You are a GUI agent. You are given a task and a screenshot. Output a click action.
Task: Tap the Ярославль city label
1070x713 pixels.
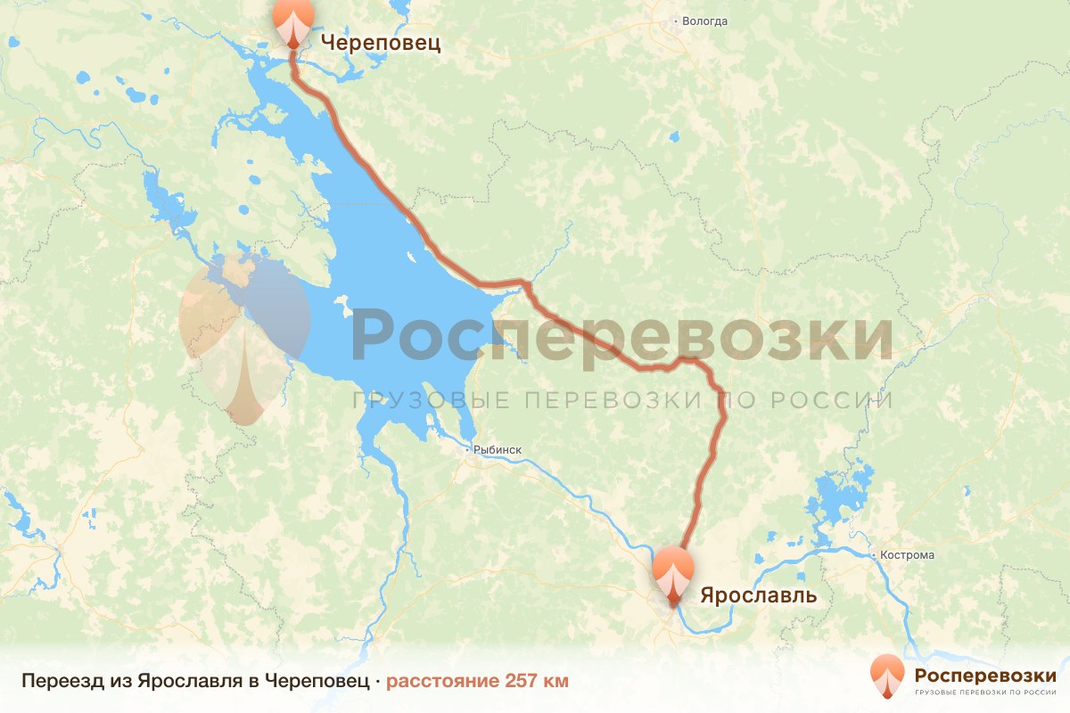coord(758,594)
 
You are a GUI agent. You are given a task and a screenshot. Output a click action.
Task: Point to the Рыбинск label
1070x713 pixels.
coord(498,451)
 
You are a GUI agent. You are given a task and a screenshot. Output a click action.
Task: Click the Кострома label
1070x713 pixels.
coord(909,555)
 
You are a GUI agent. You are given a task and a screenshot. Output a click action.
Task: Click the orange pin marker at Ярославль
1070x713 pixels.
coord(672,574)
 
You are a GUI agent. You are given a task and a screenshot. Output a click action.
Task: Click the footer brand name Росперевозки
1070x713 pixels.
coord(985,675)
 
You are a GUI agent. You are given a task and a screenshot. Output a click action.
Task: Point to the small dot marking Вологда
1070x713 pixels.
coord(676,20)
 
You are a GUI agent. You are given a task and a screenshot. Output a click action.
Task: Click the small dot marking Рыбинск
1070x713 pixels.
coord(468,451)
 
